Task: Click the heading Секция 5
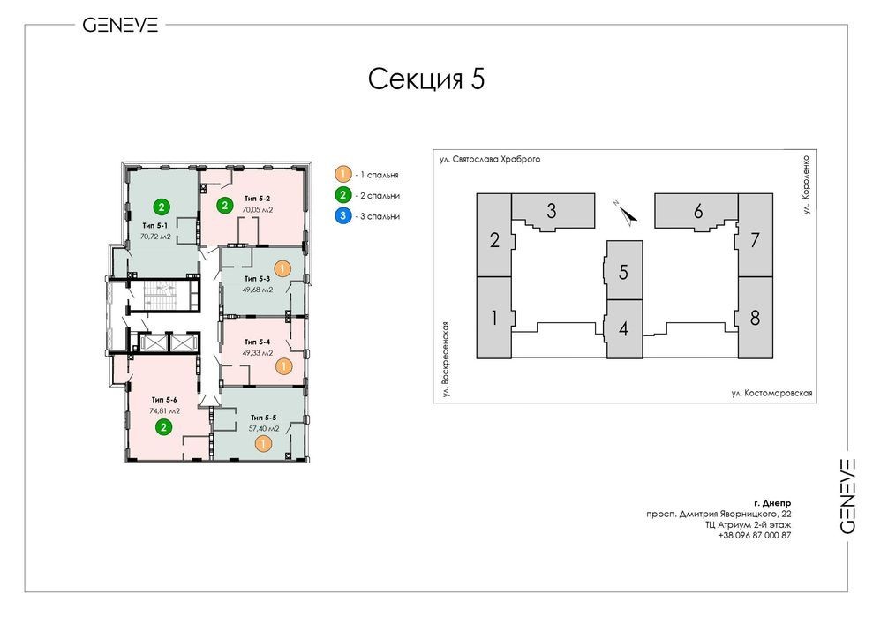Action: pos(426,79)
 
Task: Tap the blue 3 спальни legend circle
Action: pos(343,216)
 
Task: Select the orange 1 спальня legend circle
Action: pos(343,174)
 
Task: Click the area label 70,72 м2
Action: pos(155,237)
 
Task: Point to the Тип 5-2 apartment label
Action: pos(257,199)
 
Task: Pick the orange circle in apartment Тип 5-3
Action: pos(282,268)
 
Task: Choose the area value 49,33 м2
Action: pos(257,353)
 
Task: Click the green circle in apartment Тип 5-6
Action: pos(163,427)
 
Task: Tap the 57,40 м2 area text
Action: pos(264,429)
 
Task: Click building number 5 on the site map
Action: pos(623,272)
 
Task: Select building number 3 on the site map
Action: pos(551,211)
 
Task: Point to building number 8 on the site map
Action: pos(755,318)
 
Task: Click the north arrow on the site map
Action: pos(628,214)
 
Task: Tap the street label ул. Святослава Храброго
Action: pos(490,159)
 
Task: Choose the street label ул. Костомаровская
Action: pos(772,393)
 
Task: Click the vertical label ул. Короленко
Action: pos(807,184)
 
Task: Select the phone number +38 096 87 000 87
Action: pos(755,535)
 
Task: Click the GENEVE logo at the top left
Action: pos(120,25)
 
